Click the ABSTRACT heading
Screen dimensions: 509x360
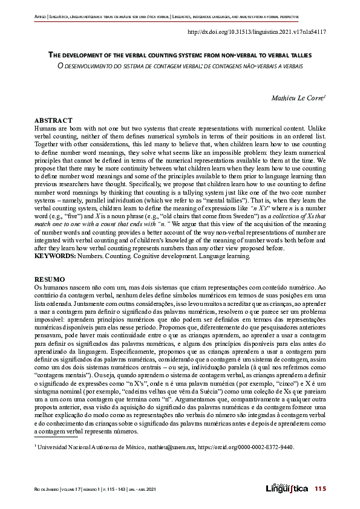click(53, 121)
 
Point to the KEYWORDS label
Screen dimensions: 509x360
click(55, 256)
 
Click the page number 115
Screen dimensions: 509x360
click(320, 488)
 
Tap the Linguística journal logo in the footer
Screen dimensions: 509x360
click(286, 488)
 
